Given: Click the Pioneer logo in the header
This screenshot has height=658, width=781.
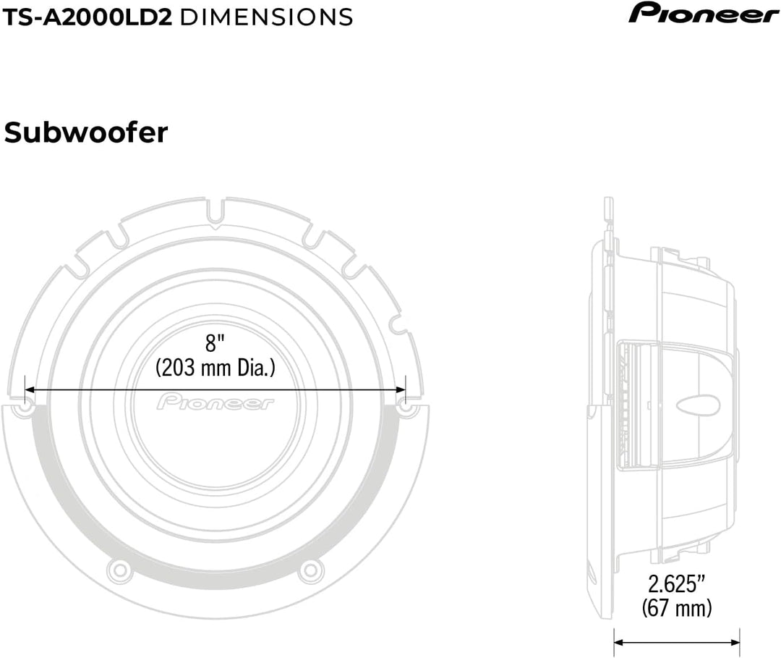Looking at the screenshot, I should point(703,14).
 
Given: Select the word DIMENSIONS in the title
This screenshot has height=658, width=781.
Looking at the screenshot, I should point(265,16).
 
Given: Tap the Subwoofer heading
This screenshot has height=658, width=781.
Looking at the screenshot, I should point(86,132).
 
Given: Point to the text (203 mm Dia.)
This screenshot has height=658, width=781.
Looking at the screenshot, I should point(215,368).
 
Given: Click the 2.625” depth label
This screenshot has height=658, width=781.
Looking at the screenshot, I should point(676,583).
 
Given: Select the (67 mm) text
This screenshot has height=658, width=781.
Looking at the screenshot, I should point(676,607).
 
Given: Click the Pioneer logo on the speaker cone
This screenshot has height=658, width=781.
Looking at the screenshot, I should point(215,402).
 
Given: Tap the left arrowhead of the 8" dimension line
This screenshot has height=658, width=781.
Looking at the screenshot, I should point(30,389).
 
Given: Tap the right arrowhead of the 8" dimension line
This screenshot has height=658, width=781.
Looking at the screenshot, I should point(401,389).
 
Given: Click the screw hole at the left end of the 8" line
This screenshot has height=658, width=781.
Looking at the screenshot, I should point(24,408).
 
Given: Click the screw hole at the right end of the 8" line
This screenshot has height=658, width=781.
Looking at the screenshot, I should point(407,408).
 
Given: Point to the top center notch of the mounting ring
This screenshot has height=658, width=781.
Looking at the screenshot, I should point(215,217).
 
